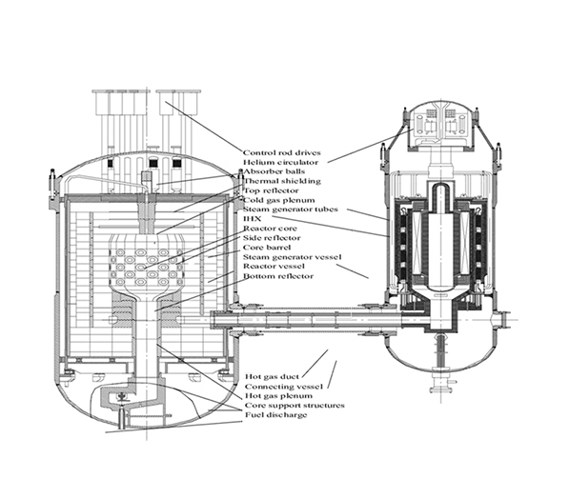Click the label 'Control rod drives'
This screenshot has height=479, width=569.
(x=282, y=152)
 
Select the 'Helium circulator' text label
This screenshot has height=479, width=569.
(x=280, y=162)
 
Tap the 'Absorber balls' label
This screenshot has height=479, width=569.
(x=274, y=171)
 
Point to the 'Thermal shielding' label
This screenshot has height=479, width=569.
(x=282, y=181)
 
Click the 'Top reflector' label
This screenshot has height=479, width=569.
(x=271, y=190)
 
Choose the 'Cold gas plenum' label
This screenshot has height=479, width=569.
(x=278, y=200)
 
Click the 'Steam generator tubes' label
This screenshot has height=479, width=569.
(x=291, y=210)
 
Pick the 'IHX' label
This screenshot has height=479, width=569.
(x=253, y=219)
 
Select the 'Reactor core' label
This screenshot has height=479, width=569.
(x=270, y=229)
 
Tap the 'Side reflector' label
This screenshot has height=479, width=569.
(x=272, y=238)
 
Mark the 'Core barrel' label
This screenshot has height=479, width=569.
(x=267, y=248)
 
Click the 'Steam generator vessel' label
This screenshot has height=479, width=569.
(x=292, y=257)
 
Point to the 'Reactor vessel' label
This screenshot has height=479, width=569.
(x=274, y=266)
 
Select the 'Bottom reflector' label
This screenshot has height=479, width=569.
(x=278, y=276)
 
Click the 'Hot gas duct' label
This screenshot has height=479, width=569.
(x=273, y=377)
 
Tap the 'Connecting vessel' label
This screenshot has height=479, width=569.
(x=284, y=387)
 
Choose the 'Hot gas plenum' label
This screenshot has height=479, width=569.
(x=278, y=395)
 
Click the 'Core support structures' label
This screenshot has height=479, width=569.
(x=295, y=405)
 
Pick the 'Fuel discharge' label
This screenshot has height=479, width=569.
(x=276, y=415)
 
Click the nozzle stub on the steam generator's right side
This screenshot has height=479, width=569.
(x=501, y=320)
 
